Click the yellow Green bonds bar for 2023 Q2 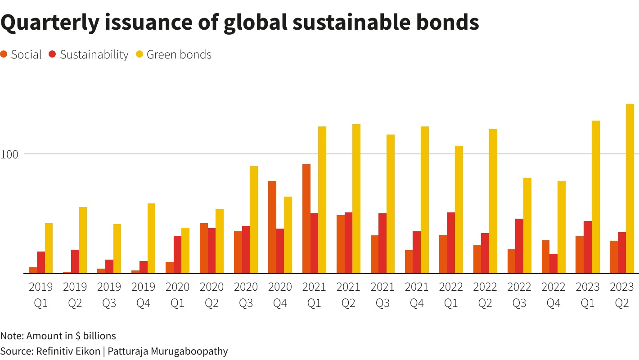click(x=630, y=189)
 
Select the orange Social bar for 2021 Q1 click(x=306, y=219)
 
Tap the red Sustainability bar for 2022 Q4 click(x=553, y=263)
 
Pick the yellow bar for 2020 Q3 click(x=254, y=220)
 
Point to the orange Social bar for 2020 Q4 click(x=272, y=227)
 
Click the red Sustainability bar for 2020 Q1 click(x=177, y=254)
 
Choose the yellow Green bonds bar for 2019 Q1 click(x=49, y=248)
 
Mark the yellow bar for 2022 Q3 click(x=527, y=225)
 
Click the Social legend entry click(x=26, y=55)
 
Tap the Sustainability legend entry click(x=94, y=55)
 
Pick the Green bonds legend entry click(x=179, y=55)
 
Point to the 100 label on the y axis click(x=9, y=154)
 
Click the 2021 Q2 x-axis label click(x=348, y=295)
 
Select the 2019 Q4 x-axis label click(x=143, y=295)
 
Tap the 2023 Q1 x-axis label click(x=588, y=295)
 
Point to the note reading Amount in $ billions click(x=71, y=336)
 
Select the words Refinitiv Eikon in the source click(x=67, y=351)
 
